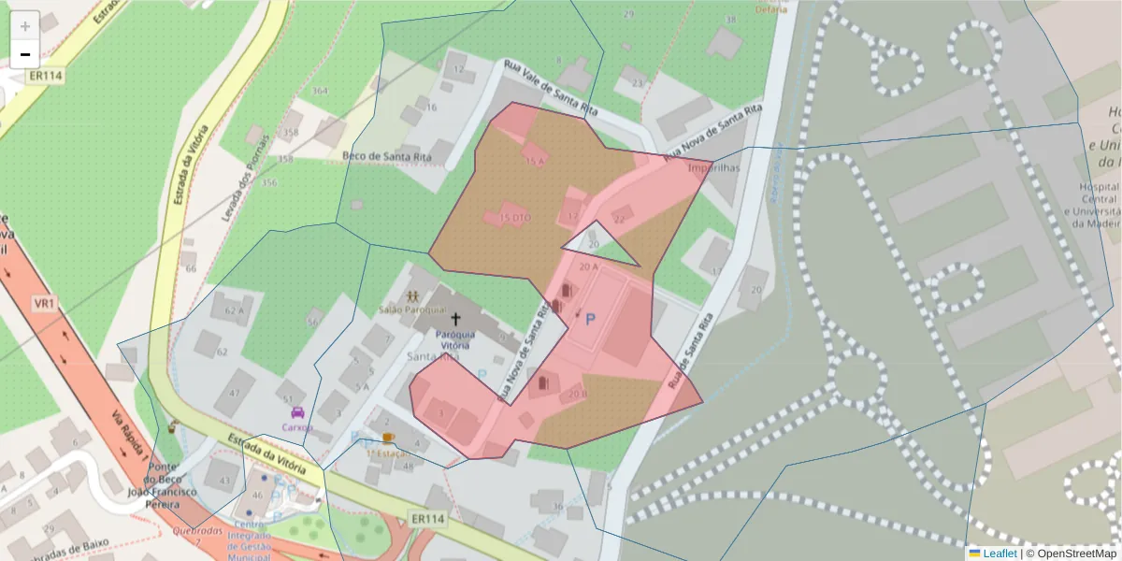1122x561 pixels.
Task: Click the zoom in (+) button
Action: point(25,25)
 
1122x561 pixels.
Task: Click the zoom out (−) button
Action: point(25,54)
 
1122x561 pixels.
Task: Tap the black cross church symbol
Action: point(455,319)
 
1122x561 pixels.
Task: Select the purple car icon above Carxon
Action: point(297,412)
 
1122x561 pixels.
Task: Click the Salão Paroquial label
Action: point(410,309)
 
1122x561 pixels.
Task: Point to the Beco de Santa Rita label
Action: point(387,156)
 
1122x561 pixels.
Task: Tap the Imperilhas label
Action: point(713,168)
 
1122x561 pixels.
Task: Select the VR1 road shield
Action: point(44,304)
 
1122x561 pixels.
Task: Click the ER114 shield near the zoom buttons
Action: point(44,77)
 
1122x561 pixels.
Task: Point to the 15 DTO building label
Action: point(515,218)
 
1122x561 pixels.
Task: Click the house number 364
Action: point(320,91)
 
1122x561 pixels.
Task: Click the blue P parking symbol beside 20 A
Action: point(590,320)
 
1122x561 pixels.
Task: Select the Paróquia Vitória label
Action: point(455,338)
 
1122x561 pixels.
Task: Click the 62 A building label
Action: point(234,310)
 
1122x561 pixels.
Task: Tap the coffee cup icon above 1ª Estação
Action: point(388,438)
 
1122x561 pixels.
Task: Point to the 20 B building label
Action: point(578,394)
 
